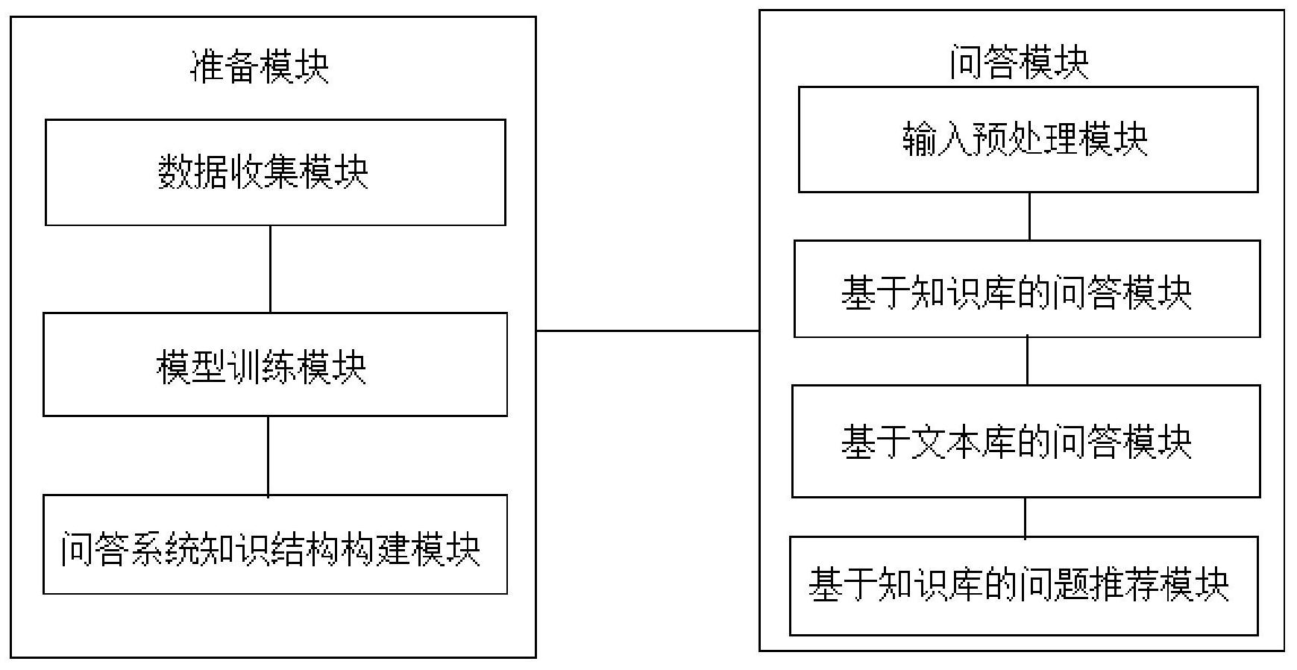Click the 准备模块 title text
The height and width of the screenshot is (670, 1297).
(260, 67)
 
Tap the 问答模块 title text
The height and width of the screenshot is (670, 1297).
(1019, 62)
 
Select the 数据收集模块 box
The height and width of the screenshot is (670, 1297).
(275, 172)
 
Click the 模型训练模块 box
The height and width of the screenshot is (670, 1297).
(275, 365)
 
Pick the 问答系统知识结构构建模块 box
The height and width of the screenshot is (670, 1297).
(275, 545)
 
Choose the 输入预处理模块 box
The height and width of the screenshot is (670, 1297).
(1028, 140)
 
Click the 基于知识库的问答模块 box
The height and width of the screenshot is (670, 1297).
(1026, 289)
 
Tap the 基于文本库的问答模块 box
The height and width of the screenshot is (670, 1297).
(1026, 441)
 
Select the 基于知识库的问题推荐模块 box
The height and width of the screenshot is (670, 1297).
(1023, 586)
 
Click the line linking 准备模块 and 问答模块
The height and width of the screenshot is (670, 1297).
(647, 331)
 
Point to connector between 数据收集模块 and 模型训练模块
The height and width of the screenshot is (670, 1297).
(270, 269)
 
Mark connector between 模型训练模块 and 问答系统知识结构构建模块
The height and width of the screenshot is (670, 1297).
(268, 455)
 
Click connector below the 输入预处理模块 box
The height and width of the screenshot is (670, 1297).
(1030, 216)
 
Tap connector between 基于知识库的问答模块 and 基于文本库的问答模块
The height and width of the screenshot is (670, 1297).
(1028, 361)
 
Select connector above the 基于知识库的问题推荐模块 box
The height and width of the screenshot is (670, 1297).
(1025, 517)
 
